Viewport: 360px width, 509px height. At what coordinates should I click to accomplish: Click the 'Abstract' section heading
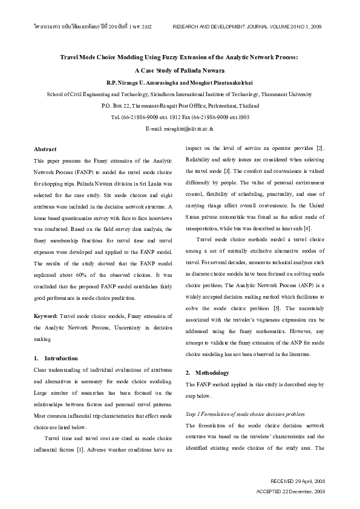tap(45, 149)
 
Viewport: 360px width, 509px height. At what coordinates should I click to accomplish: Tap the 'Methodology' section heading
tap(207, 372)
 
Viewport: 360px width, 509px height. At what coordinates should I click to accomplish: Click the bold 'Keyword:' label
tap(46, 316)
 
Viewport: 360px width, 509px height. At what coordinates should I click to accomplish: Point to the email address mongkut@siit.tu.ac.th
tap(180, 129)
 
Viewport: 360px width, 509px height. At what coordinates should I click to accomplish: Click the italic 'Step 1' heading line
tap(246, 413)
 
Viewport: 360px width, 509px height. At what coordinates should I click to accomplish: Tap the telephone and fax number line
tap(180, 117)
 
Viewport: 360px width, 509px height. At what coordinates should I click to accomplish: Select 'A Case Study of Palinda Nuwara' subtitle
tap(180, 71)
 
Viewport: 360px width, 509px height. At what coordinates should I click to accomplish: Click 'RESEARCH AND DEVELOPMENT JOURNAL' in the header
tap(214, 27)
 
